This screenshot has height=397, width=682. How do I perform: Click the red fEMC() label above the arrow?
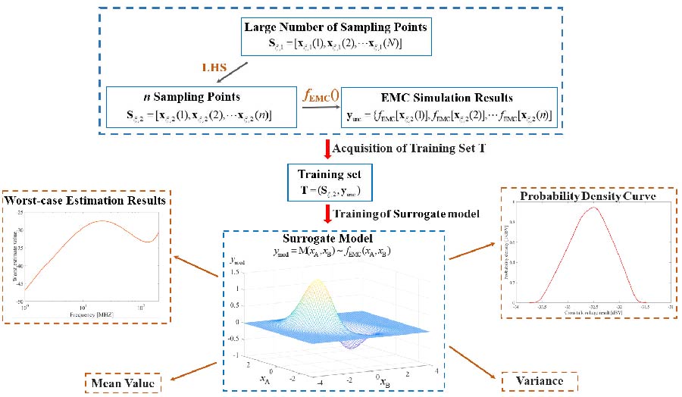coord(321,96)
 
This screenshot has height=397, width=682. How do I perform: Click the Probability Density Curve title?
coord(588,197)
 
